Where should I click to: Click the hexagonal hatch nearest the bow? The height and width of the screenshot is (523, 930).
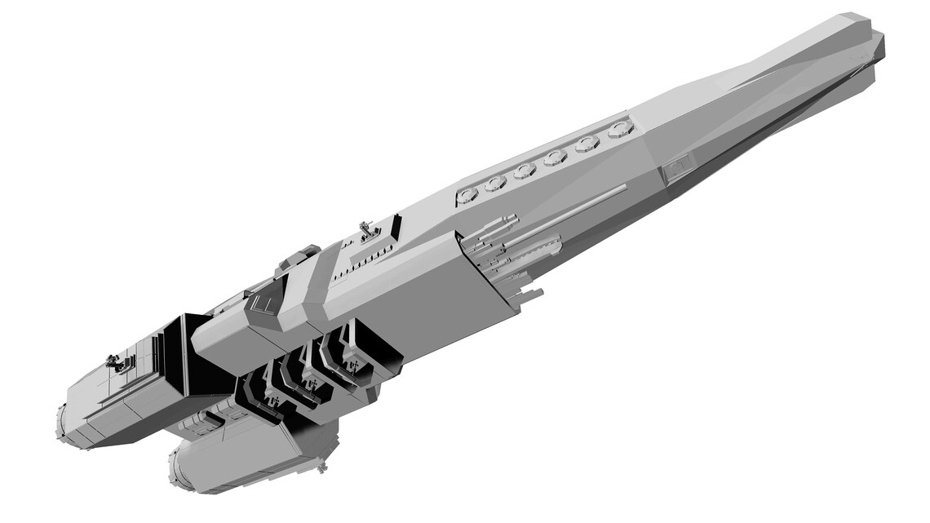621,128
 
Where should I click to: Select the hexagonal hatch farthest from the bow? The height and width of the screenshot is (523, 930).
467,194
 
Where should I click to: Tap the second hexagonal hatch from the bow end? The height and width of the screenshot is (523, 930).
587,143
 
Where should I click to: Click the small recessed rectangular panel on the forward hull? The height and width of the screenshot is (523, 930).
678,168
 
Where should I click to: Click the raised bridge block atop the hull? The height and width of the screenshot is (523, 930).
298,257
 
